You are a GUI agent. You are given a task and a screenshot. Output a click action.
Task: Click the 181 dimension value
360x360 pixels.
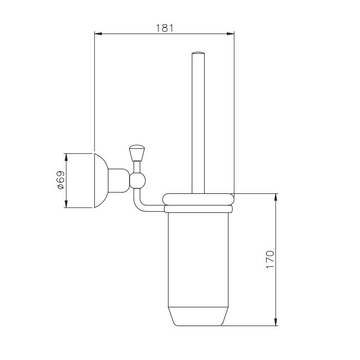165,28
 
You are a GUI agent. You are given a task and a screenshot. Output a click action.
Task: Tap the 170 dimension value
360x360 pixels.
270,259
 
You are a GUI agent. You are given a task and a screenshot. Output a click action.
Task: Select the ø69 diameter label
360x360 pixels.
61,180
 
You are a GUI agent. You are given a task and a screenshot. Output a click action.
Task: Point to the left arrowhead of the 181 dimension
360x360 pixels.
98,34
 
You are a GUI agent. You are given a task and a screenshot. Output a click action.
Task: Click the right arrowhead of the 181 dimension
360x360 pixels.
230,34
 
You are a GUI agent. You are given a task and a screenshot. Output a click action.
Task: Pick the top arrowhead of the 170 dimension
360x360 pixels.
276,197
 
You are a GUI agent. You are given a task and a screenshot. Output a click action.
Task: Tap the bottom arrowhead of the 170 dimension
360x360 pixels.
276,321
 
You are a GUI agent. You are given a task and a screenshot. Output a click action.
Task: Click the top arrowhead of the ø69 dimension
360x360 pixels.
66,157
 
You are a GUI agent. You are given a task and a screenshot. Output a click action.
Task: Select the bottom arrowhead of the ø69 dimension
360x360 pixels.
66,204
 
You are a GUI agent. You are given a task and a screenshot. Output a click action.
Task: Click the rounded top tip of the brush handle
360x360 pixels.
198,53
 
